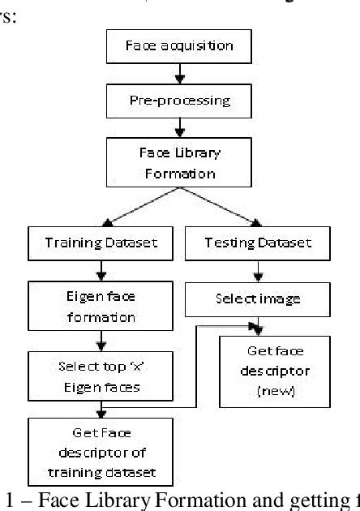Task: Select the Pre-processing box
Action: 180,101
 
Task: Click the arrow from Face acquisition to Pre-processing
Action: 180,75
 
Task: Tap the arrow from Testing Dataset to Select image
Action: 259,269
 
